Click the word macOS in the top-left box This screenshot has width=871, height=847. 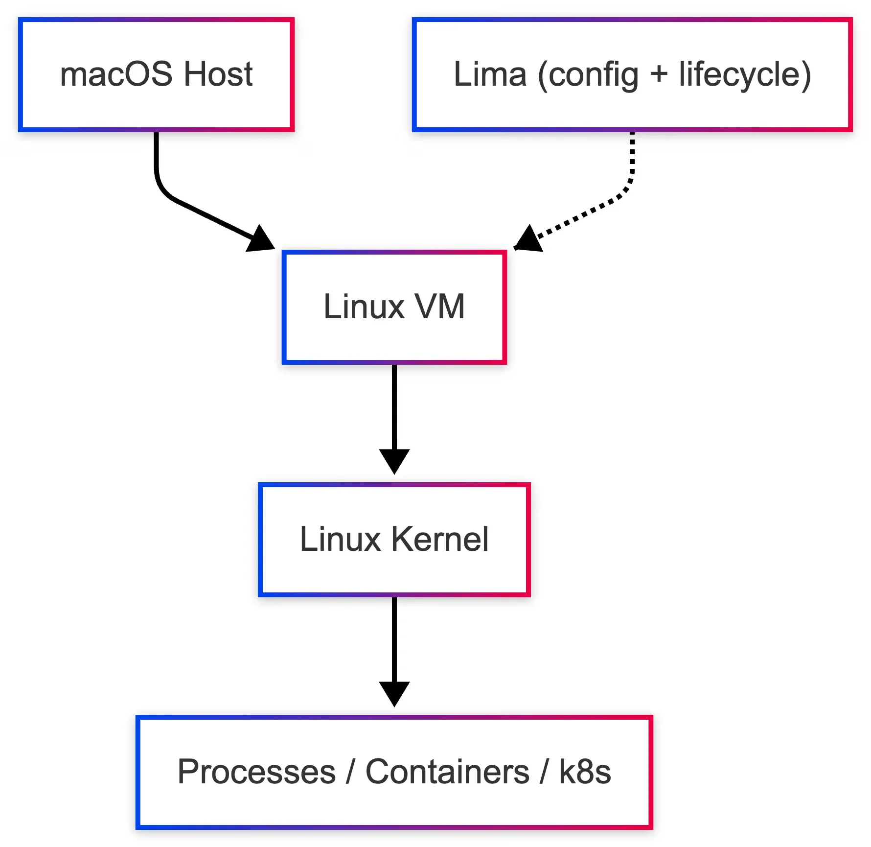tap(115, 74)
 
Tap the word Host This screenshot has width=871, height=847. tap(218, 74)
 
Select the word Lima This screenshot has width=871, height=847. tap(490, 74)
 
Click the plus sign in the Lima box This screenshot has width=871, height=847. tap(659, 74)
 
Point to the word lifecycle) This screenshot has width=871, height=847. tap(745, 74)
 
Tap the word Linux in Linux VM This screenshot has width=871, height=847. tap(364, 307)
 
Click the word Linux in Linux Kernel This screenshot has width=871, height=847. tap(340, 539)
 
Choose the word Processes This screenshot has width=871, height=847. tap(256, 772)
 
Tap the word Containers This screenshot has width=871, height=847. tap(447, 772)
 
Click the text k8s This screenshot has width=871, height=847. tap(585, 772)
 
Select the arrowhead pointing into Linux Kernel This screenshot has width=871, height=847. tap(394, 460)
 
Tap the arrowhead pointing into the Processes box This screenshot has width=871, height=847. tap(394, 693)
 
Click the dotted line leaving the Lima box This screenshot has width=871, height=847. tap(632, 162)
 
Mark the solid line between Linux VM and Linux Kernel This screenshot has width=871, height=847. tap(394, 406)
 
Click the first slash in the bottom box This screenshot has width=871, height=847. tap(350, 772)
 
